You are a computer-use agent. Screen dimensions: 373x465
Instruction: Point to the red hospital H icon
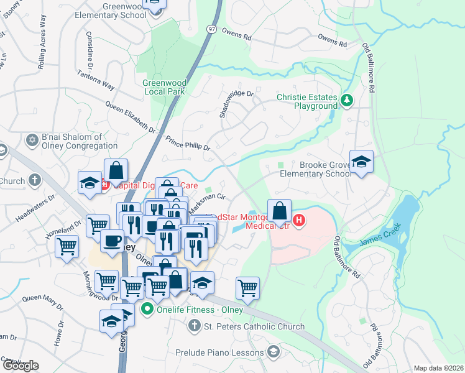coord(299,221)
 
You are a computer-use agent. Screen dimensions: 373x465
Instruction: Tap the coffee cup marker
coord(113,241)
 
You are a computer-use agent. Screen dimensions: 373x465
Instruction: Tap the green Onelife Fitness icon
coord(148,308)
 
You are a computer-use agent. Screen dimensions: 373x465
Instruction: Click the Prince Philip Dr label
coord(188,144)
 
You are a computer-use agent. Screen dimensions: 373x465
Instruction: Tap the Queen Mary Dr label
coord(43,302)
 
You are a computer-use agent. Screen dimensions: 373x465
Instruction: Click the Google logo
coord(21,365)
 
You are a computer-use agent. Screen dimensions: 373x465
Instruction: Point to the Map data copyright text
coord(438,368)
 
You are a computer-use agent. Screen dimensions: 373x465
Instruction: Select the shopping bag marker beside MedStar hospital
coord(280,211)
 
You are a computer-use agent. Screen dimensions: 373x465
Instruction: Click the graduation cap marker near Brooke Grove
coord(361,162)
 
